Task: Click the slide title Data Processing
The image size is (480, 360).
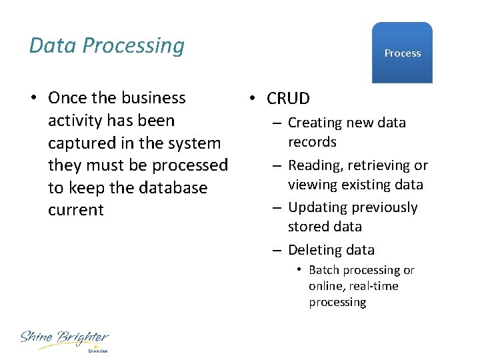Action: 107,45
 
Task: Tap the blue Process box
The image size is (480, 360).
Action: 402,53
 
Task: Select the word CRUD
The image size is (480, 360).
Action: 288,99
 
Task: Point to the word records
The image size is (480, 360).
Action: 312,142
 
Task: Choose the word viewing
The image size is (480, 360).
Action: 313,184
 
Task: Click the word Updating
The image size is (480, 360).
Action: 317,207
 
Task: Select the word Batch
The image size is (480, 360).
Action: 325,270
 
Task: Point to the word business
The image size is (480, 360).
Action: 155,98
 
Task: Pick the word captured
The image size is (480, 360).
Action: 81,143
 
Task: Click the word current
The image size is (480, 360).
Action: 76,210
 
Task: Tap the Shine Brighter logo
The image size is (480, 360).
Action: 64,340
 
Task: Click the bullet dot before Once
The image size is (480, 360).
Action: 33,98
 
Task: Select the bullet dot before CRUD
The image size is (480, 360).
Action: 251,99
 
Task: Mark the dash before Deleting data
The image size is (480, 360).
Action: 275,251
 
